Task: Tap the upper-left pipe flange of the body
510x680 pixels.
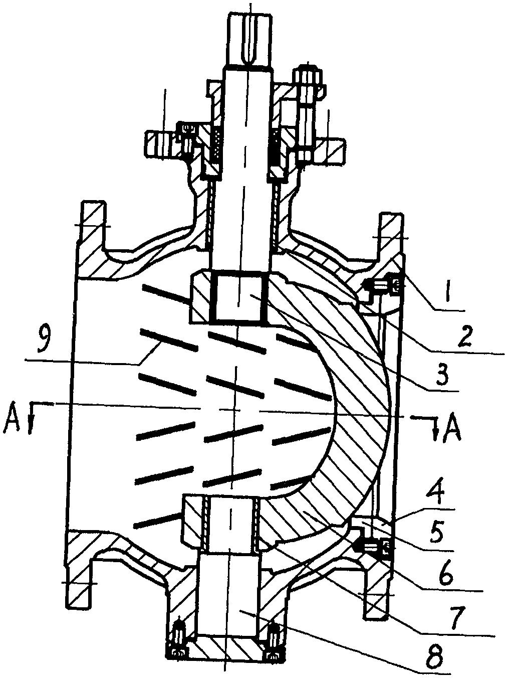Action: click(93, 239)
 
